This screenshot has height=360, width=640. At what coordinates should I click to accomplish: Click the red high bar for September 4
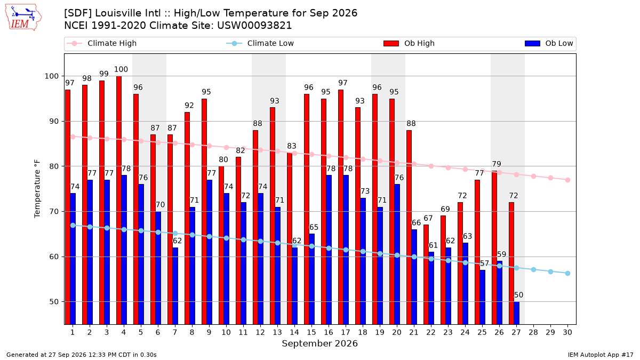pos(119,201)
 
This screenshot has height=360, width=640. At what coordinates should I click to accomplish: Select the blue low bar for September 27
pos(517,313)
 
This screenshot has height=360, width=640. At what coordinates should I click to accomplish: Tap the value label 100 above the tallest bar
pos(121,69)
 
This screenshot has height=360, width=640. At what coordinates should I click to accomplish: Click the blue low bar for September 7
pos(175,286)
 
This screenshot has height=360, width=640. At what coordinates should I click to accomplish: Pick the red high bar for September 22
pos(426,275)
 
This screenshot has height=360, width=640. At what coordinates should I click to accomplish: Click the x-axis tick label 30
pos(567,333)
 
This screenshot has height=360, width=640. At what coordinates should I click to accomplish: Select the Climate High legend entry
pos(101,43)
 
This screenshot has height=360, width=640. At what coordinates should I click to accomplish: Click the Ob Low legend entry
pos(549,43)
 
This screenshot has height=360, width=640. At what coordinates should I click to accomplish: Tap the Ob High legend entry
pos(409,43)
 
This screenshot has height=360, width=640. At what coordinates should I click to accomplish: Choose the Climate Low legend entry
pos(260,43)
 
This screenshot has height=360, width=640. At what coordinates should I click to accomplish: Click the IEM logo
pos(23,18)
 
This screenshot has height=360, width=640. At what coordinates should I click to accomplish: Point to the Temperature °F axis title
pos(37,189)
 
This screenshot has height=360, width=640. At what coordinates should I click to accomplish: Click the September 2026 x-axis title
pos(319,343)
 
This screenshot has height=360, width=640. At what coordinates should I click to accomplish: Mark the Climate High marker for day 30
pos(567,180)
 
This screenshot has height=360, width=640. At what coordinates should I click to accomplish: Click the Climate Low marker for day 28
pos(533,270)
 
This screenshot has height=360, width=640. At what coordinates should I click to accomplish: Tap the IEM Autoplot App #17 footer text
pos(601,355)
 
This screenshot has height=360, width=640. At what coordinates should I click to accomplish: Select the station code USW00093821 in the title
pos(254,26)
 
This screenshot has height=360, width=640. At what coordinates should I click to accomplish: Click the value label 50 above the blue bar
pos(518,295)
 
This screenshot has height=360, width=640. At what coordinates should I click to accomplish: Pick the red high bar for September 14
pos(290,238)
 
